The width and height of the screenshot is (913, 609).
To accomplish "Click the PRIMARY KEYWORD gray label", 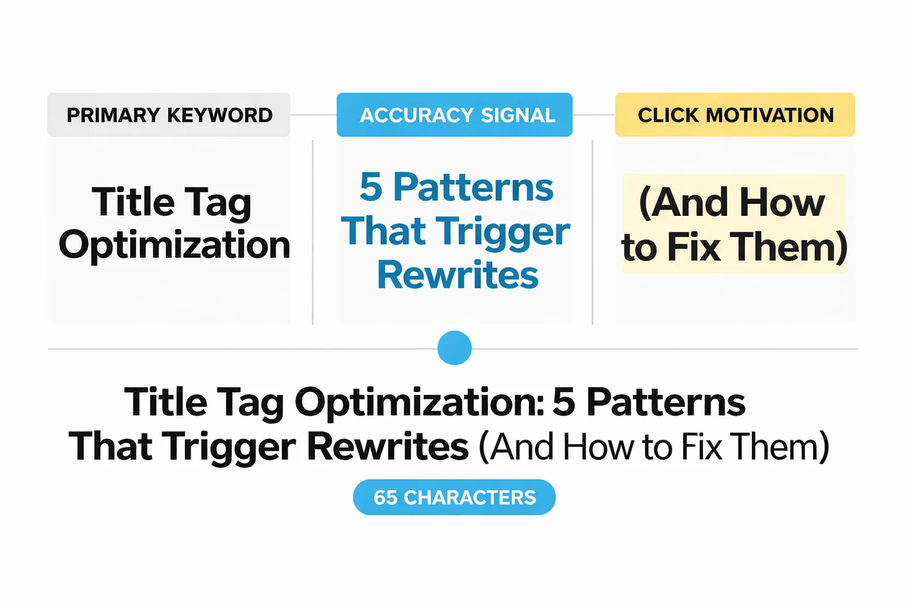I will (169, 115).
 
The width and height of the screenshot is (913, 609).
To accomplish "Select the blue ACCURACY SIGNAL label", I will (455, 115).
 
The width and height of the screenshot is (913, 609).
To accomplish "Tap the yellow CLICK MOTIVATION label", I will (735, 115).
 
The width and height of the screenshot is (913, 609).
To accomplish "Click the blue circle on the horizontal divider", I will (455, 348).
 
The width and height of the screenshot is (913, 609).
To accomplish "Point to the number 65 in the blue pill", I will (385, 497).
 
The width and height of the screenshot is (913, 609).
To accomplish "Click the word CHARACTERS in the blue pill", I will (470, 497).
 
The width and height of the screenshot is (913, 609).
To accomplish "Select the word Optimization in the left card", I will (174, 245).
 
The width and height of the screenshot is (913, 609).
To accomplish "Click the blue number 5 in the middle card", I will (371, 187).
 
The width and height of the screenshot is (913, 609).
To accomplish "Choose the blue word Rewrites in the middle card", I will (458, 275).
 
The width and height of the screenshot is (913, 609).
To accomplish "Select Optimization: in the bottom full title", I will (420, 402).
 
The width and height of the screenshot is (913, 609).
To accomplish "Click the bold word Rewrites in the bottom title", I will (388, 447).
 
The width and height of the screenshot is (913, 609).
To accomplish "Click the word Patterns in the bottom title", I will (666, 402).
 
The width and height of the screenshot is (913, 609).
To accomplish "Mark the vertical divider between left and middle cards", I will (313, 232).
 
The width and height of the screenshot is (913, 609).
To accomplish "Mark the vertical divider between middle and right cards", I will (593, 232).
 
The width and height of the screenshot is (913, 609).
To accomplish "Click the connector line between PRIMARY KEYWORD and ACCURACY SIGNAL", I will (313, 115).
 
